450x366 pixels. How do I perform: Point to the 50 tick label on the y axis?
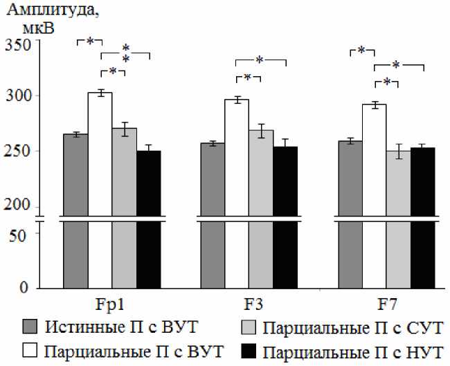[x=21, y=234]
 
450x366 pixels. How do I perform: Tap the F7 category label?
[x=386, y=304]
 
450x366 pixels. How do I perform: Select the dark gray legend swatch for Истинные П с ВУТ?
[x=30, y=326]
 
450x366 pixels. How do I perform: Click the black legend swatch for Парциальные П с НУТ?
[x=250, y=350]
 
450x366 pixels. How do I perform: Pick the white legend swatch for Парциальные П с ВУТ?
[x=30, y=350]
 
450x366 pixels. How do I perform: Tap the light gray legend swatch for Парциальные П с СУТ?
[x=250, y=326]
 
